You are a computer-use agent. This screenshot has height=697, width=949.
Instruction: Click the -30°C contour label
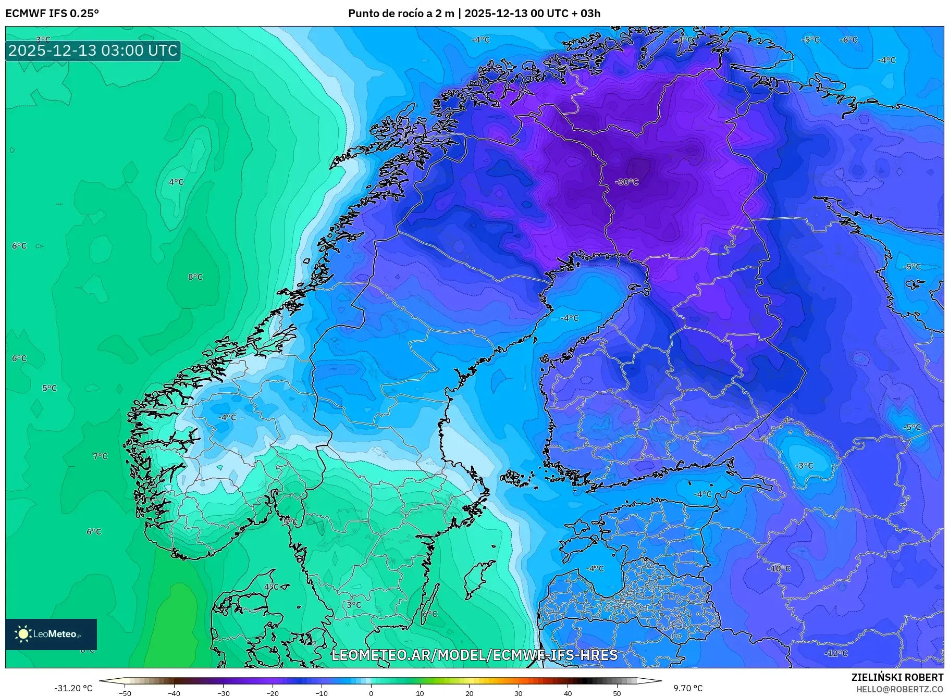click(x=626, y=182)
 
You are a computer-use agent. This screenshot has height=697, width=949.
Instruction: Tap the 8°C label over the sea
click(x=195, y=277)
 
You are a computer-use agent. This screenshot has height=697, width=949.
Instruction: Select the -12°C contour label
click(x=836, y=653)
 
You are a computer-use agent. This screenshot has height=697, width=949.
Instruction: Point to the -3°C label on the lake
click(x=805, y=465)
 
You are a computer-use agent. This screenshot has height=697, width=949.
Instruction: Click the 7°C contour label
click(x=100, y=456)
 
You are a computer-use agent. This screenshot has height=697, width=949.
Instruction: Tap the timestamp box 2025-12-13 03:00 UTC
click(x=93, y=51)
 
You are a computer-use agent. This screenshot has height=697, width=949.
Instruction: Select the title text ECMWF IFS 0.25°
click(x=52, y=13)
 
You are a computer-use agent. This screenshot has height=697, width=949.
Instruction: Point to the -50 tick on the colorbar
click(x=125, y=693)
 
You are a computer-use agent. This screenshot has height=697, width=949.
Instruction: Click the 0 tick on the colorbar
click(x=371, y=693)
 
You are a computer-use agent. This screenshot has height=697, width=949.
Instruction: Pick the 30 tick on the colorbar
click(x=518, y=693)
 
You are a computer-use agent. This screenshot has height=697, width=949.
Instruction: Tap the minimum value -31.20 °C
click(x=73, y=688)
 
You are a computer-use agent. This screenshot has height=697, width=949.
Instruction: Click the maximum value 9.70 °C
click(x=688, y=688)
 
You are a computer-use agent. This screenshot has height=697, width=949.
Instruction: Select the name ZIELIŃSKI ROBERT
click(x=897, y=677)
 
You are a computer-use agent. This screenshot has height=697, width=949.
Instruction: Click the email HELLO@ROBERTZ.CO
click(x=899, y=689)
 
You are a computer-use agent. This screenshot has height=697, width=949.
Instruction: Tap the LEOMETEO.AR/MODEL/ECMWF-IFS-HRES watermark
click(x=474, y=655)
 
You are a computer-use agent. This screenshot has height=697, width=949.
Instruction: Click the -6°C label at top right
click(x=848, y=40)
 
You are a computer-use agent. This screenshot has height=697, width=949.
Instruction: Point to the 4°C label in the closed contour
click(x=176, y=182)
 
